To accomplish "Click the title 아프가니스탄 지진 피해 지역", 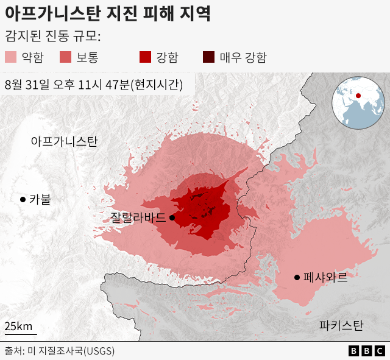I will [x=108, y=13].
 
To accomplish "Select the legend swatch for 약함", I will [x=11, y=58].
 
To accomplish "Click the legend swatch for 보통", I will [x=66, y=58].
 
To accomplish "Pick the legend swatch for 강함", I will [x=145, y=58].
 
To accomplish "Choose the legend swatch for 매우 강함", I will [x=208, y=58].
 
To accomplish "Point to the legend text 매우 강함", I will [x=243, y=58].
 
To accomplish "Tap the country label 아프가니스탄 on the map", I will [x=64, y=141].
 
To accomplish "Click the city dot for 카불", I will [x=23, y=199].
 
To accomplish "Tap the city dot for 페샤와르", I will [x=297, y=277].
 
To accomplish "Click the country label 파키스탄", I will [x=341, y=325].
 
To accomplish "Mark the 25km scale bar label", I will [x=18, y=326].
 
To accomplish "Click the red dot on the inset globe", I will [x=358, y=96].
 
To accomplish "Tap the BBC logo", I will [x=366, y=351].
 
